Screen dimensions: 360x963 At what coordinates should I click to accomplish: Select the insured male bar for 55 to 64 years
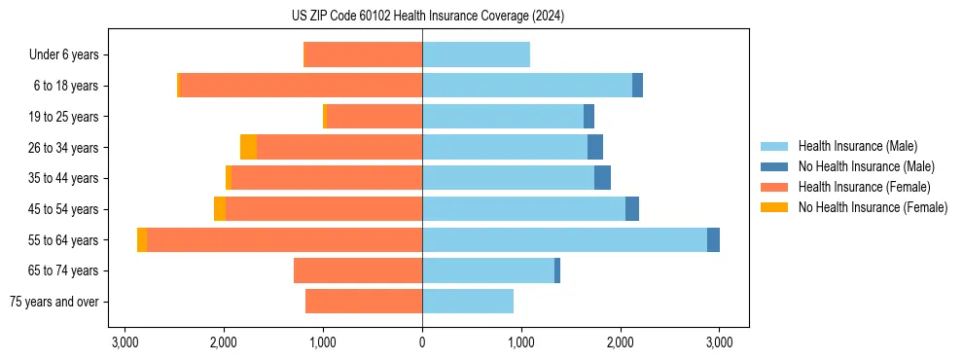tap(564, 240)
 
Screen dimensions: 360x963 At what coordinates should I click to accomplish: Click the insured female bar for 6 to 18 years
tap(302, 86)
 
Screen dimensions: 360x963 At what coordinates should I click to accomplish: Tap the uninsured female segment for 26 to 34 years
tap(248, 147)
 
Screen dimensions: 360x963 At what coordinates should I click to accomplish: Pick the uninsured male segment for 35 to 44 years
tap(602, 178)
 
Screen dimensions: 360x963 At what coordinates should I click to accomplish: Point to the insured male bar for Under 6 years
tap(476, 54)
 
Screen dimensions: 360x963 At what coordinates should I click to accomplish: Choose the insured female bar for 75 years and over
tap(364, 302)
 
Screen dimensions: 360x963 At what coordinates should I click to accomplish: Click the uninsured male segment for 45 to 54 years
tap(632, 209)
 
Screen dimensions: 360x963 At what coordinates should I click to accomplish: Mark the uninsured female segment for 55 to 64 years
tap(142, 240)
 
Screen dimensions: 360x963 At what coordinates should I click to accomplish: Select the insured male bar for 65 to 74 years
tap(487, 270)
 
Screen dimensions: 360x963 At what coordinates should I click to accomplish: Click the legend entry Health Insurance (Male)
tap(857, 146)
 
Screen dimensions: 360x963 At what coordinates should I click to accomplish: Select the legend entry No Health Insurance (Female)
tap(873, 207)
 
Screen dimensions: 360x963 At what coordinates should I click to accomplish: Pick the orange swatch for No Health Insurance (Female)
tap(774, 207)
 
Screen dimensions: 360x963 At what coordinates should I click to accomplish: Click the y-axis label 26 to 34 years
tap(70, 148)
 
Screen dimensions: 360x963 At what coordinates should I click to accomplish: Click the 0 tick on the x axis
tap(422, 342)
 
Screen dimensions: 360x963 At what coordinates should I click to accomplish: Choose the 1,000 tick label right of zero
tap(521, 342)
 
